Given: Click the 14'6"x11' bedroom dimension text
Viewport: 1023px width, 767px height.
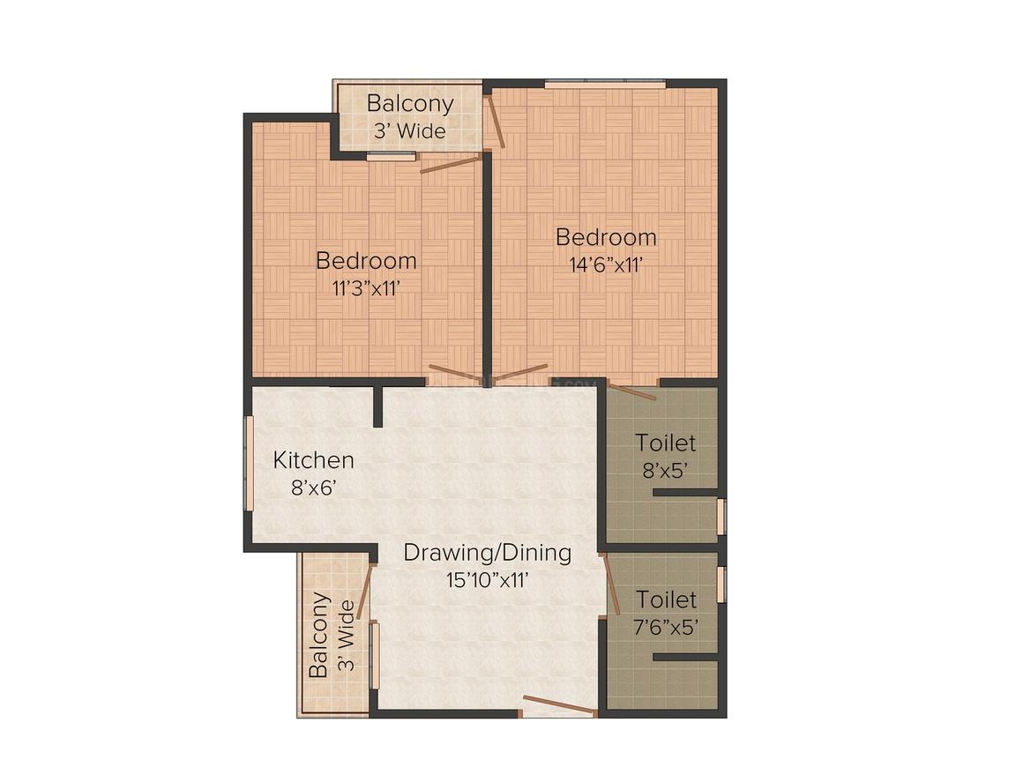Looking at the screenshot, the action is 606,265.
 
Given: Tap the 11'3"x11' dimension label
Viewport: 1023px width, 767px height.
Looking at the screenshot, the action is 366,289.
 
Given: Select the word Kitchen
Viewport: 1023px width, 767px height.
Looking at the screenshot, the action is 313,460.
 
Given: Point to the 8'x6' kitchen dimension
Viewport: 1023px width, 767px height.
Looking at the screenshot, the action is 313,488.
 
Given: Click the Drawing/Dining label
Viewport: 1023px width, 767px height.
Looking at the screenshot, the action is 488,553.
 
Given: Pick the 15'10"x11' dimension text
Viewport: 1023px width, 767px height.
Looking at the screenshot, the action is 488,580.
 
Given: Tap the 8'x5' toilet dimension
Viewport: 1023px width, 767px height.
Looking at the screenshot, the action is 666,470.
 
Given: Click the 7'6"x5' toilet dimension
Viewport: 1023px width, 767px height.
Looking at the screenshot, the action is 666,628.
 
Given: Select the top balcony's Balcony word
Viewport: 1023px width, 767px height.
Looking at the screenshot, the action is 410,104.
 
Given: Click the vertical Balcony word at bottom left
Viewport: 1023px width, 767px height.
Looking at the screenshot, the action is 318,635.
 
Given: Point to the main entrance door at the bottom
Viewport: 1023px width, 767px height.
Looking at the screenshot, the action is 559,705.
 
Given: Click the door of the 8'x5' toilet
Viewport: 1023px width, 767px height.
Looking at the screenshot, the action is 633,391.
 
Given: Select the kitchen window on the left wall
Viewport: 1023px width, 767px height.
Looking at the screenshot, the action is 249,463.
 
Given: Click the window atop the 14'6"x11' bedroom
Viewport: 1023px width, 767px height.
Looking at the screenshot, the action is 605,84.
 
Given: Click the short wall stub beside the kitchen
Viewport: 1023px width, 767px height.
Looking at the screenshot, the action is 377,406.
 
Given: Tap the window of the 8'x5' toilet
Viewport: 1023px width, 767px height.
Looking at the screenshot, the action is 721,517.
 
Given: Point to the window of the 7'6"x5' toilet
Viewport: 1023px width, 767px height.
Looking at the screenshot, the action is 721,585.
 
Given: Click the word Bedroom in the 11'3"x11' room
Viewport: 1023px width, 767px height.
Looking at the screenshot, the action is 366,261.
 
